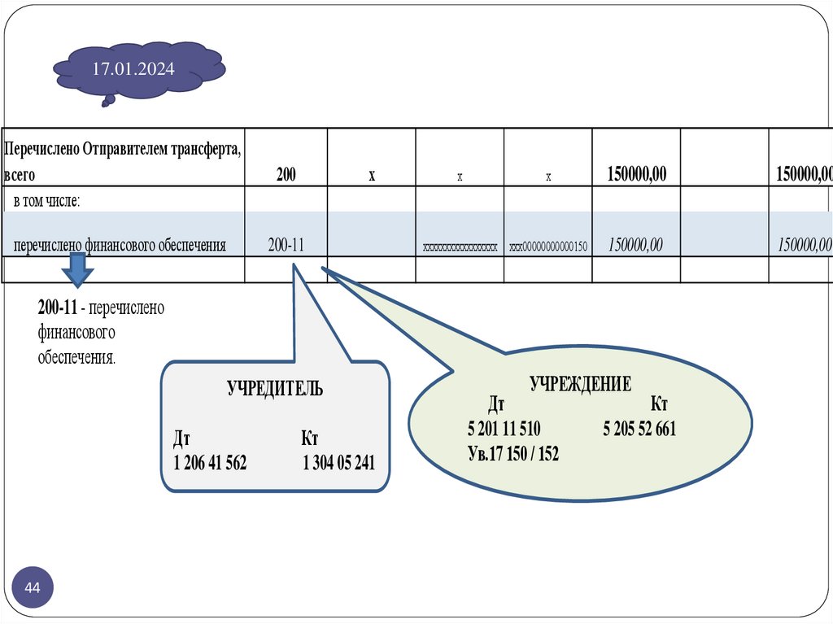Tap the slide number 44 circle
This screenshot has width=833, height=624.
(x=33, y=588)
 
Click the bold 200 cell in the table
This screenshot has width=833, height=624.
(x=286, y=174)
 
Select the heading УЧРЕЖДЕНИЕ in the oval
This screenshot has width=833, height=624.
(x=580, y=385)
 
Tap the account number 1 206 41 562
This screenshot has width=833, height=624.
(x=210, y=464)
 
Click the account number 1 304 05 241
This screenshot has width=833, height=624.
(x=338, y=464)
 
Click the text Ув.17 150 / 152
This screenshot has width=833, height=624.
(x=513, y=454)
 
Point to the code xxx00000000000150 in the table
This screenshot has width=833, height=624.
(x=547, y=247)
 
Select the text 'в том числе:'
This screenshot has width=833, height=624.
(x=46, y=201)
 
